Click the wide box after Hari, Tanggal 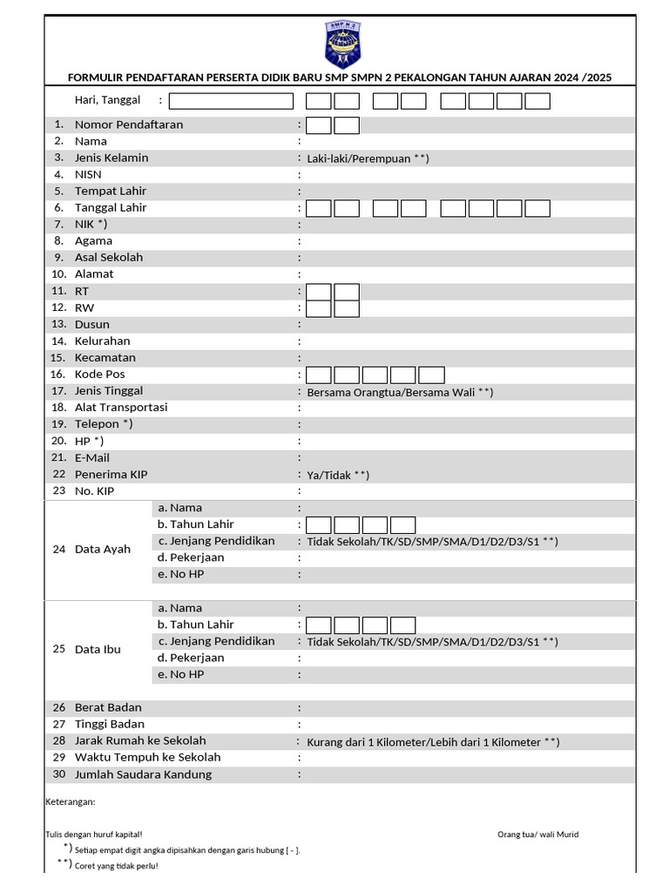coord(232,101)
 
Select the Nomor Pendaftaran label coord(129,125)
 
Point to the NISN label coord(88,174)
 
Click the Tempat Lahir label coord(111,191)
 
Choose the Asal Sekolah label coord(109,258)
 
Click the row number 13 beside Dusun coord(58,324)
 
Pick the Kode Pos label coord(100,375)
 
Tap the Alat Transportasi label coord(121,408)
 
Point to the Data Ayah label coord(103,549)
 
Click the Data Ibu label coord(98,650)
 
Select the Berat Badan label coord(108,707)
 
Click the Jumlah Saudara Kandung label coord(143,774)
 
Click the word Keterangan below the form coord(70,801)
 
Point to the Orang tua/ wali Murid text coord(537,835)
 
